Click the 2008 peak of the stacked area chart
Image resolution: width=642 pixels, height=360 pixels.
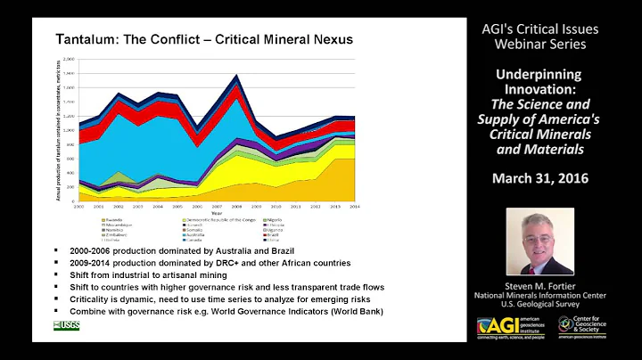click(x=235, y=76)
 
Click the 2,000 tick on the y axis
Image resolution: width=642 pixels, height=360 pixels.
click(x=70, y=59)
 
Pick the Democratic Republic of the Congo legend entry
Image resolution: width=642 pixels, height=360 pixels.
click(x=219, y=217)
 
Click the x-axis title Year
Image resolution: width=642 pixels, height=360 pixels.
click(x=217, y=210)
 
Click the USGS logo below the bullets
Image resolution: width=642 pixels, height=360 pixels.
click(x=67, y=324)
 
